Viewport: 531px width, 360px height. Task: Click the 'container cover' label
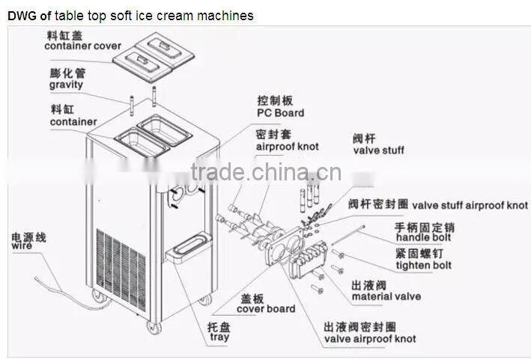pyautogui.click(x=82, y=46)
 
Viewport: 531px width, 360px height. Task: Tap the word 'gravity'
pyautogui.click(x=67, y=85)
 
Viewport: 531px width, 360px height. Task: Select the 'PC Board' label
pyautogui.click(x=280, y=113)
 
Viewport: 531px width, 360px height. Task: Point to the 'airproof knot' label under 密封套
pyautogui.click(x=287, y=147)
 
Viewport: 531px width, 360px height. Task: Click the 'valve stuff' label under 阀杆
pyautogui.click(x=378, y=150)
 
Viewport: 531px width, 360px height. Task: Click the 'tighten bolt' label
pyautogui.click(x=423, y=265)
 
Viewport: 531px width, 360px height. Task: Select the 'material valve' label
pyautogui.click(x=386, y=296)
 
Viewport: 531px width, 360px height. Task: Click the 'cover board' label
pyautogui.click(x=266, y=308)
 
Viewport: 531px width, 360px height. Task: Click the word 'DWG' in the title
pyautogui.click(x=20, y=15)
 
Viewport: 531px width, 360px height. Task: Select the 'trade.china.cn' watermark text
pyautogui.click(x=266, y=174)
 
